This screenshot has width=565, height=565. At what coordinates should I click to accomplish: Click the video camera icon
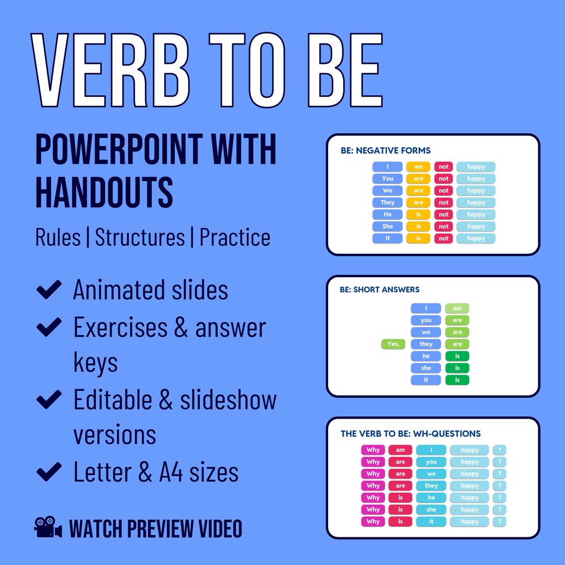pos(48,527)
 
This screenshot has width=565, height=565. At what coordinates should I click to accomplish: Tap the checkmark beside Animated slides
pos(50,290)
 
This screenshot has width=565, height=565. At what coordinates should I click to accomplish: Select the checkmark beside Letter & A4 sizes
pos(50,472)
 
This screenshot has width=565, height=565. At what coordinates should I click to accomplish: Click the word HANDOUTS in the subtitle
pos(104,191)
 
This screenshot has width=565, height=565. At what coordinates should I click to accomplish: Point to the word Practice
pos(235,237)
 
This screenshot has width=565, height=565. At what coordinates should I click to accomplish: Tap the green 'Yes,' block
pos(393,344)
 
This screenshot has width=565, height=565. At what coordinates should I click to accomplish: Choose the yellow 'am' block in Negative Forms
pos(418,167)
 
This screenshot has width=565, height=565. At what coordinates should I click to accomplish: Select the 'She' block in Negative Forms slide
pos(388,227)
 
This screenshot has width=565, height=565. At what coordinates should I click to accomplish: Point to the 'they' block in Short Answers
pos(426,344)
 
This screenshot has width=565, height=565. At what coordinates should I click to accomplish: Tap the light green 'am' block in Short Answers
pos(457,308)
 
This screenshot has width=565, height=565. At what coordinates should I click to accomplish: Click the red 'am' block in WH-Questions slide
pos(400,450)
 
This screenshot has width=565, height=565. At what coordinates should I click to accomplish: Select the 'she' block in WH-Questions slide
pos(431,510)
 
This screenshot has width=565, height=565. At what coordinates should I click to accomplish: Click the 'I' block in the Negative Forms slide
pos(388,167)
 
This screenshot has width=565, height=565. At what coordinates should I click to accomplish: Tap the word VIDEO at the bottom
pos(213,529)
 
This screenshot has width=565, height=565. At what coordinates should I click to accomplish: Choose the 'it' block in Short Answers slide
pos(426,380)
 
